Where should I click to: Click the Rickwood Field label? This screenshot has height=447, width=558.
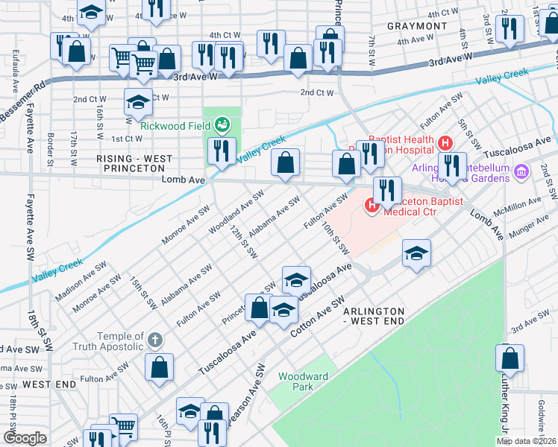pyautogui.click(x=175, y=126)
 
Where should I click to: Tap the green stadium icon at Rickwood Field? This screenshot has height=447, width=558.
pyautogui.click(x=222, y=124)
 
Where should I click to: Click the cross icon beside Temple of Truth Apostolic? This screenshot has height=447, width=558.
pyautogui.click(x=155, y=340)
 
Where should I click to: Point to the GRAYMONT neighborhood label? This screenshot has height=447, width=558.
pyautogui.click(x=417, y=26)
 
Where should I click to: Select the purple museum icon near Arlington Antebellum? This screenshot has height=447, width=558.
pyautogui.click(x=521, y=172)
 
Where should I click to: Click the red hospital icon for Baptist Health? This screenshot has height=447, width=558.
pyautogui.click(x=445, y=142)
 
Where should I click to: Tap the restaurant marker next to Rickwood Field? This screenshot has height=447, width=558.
pyautogui.click(x=222, y=151)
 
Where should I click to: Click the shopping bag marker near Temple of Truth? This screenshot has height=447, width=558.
pyautogui.click(x=160, y=367)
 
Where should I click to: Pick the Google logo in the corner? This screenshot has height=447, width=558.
pyautogui.click(x=25, y=438)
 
